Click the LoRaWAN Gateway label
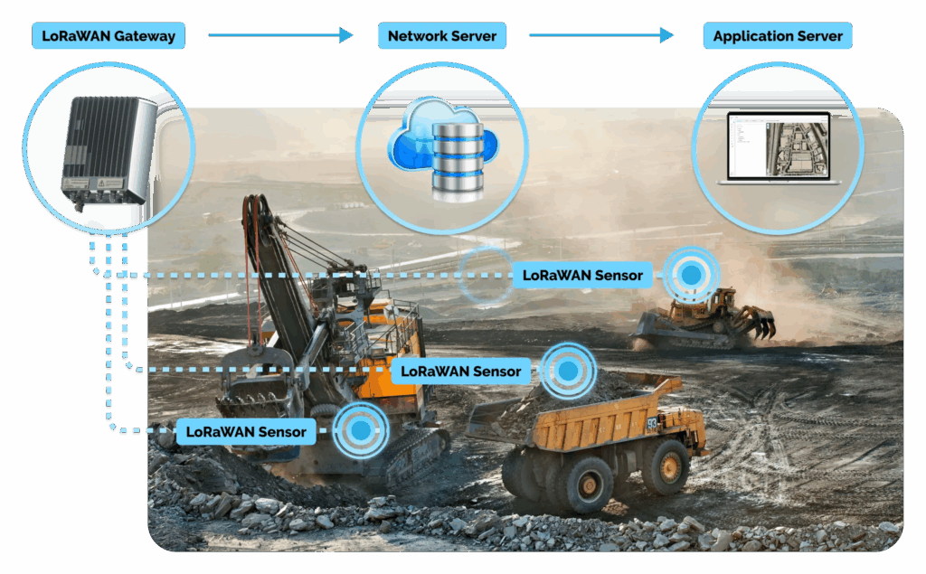coord(108,36)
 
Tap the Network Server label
coord(441,36)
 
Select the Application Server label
coord(777,36)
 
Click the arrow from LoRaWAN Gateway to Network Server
coord(280,35)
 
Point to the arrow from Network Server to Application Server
coord(601,35)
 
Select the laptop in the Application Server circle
coord(778,149)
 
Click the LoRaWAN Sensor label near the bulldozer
coord(582,275)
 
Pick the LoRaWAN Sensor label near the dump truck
coord(460,371)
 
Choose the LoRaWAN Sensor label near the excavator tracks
coord(246,431)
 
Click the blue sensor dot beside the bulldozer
coord(692,273)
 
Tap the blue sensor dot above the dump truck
coord(568,370)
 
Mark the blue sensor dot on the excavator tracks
coord(362,431)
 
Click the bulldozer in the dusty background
coord(705,316)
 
